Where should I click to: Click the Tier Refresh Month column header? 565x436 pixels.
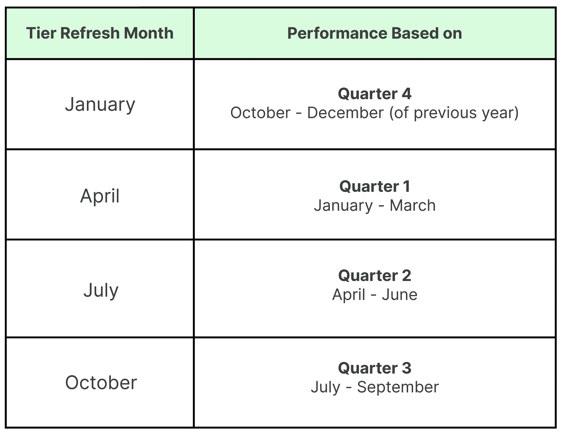(x=100, y=33)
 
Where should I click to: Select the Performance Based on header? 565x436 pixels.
(x=375, y=33)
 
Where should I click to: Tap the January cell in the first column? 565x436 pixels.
(x=100, y=105)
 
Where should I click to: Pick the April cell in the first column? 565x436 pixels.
(x=100, y=196)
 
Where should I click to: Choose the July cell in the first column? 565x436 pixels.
(x=101, y=290)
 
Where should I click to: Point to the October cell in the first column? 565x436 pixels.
(x=101, y=382)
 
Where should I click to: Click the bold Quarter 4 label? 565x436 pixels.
(x=375, y=94)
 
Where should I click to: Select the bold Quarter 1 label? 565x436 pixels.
(x=375, y=186)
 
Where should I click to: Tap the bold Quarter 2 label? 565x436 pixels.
(x=375, y=275)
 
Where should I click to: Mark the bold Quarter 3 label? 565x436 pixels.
(x=375, y=368)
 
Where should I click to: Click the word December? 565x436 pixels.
(x=345, y=113)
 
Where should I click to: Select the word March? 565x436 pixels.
(x=413, y=205)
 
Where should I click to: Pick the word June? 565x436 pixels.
(x=400, y=295)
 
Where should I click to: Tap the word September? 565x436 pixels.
(x=398, y=387)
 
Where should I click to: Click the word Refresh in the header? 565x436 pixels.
(x=90, y=33)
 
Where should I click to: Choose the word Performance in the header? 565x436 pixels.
(x=337, y=33)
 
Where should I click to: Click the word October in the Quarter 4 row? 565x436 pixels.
(x=260, y=113)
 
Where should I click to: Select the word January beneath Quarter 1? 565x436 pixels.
(x=343, y=206)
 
